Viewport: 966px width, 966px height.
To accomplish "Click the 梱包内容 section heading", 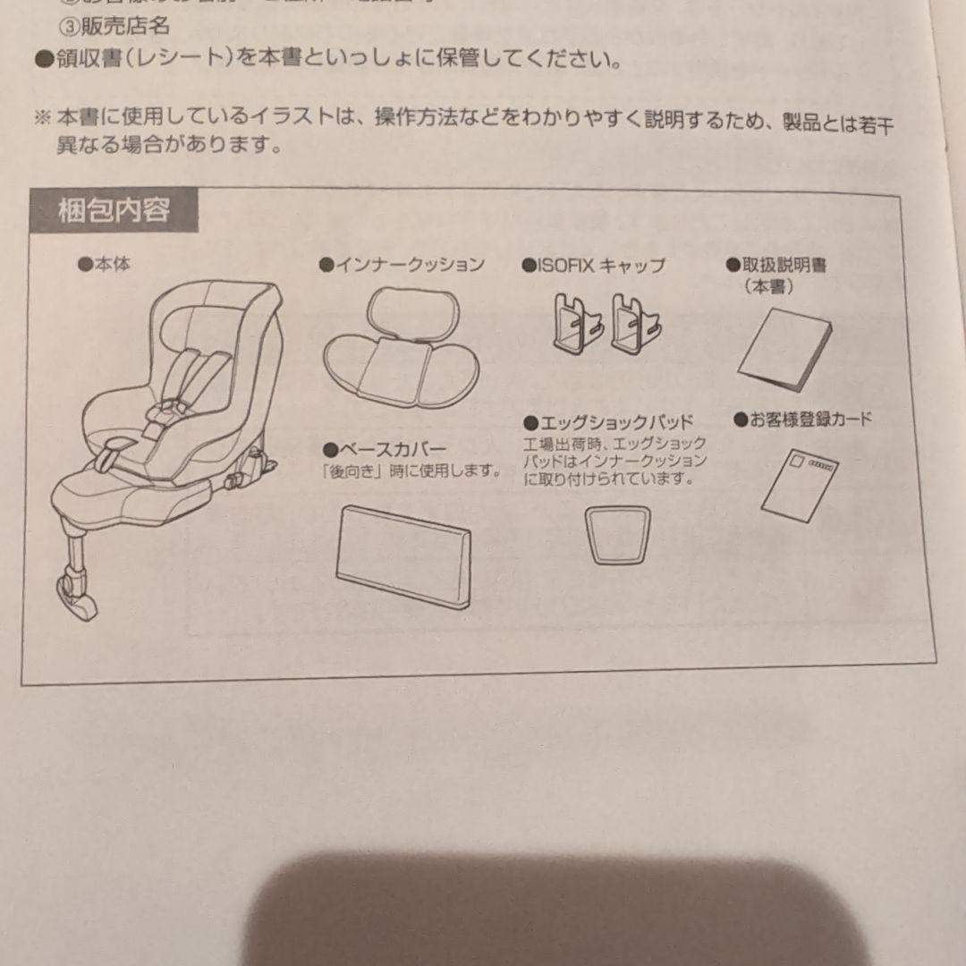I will [114, 212].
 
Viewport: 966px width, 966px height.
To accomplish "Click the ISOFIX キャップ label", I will [594, 266].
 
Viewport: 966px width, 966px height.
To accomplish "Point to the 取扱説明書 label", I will [775, 266].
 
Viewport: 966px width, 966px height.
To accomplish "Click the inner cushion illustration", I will [400, 349].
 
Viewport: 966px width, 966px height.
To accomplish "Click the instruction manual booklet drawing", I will [784, 350].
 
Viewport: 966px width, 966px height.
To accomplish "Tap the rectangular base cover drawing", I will [403, 554].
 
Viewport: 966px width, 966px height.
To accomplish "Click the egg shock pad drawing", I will [617, 534].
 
